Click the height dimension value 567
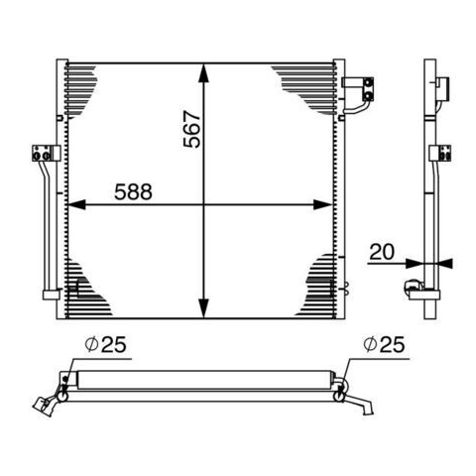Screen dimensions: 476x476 (192, 129)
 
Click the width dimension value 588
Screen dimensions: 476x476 (133, 192)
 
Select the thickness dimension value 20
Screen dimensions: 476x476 (382, 252)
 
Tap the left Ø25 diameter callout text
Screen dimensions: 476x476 (106, 344)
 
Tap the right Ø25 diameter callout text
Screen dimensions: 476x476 (384, 344)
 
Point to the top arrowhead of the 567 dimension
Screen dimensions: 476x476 (204, 72)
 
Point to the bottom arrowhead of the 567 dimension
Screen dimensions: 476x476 (204, 307)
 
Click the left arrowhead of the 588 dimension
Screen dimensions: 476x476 (76, 205)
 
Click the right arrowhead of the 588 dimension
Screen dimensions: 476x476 (322, 205)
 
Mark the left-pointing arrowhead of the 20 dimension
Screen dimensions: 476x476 (445, 264)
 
